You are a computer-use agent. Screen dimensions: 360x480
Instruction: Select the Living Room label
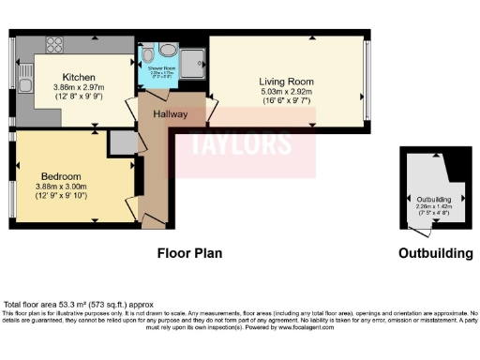pyautogui.click(x=287, y=82)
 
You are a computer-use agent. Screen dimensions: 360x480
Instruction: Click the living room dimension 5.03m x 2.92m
pyautogui.click(x=287, y=92)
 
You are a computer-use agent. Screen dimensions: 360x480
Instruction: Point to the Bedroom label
pyautogui.click(x=61, y=175)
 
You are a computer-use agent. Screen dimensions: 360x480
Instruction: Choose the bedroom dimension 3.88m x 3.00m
pyautogui.click(x=61, y=186)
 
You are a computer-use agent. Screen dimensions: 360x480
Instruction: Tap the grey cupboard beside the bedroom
pyautogui.click(x=122, y=142)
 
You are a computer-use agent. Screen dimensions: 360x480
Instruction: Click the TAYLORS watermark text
pyautogui.click(x=228, y=145)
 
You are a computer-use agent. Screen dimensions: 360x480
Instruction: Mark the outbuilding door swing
pyautogui.click(x=424, y=228)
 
